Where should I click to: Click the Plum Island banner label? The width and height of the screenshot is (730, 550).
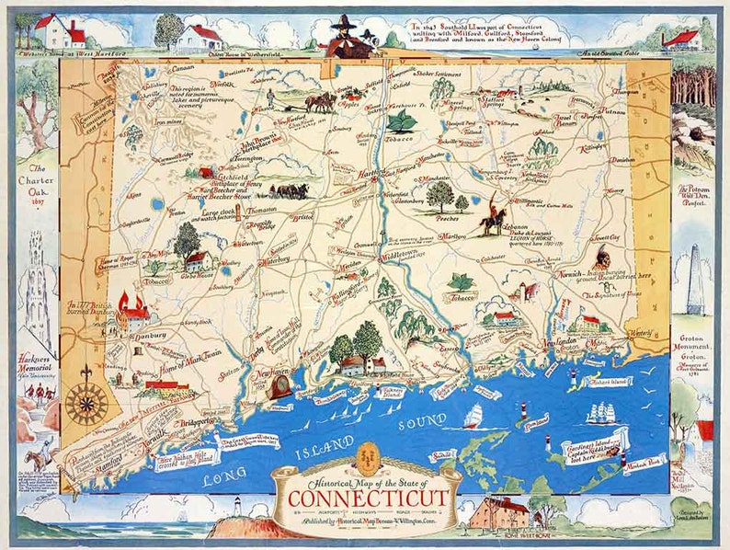coord(535,426)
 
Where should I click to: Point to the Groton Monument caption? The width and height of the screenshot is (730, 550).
coord(698,339)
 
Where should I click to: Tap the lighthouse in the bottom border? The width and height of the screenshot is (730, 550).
coord(236,508)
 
